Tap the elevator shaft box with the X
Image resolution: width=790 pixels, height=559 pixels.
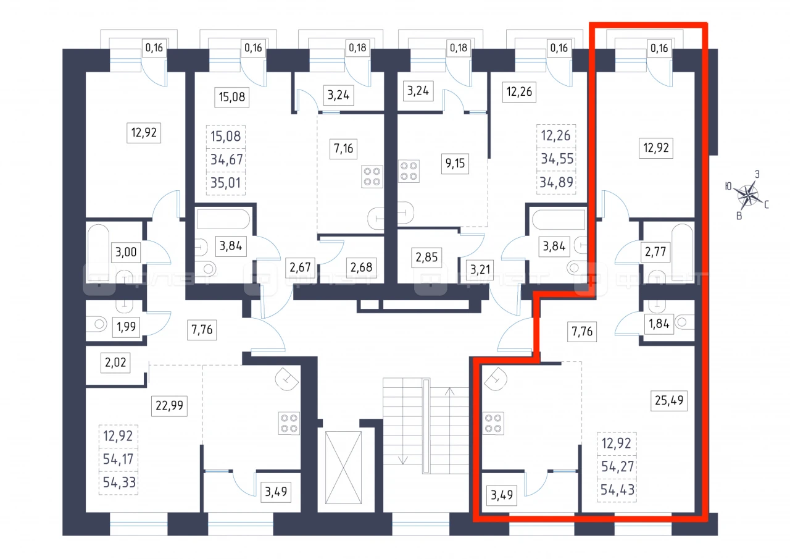coord(343,467)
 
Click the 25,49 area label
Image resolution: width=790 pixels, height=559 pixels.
coord(668,400)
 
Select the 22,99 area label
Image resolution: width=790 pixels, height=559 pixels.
coord(169,405)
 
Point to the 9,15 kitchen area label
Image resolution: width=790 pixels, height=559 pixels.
coord(455,164)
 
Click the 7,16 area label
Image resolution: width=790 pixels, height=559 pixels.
coord(343,149)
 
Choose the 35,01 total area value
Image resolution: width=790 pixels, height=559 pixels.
coord(225,183)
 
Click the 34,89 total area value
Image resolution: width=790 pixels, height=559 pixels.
coord(556,182)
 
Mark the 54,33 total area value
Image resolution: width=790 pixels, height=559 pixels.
coord(119,482)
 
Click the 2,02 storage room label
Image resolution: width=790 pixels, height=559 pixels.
coord(115,363)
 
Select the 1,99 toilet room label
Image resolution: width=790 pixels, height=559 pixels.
coord(126,327)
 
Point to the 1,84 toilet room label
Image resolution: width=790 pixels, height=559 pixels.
coord(659,324)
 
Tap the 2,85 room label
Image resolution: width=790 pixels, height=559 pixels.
coord(426,258)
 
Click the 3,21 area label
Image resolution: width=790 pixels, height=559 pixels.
coord(480,270)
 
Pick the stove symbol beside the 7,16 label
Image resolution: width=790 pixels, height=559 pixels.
coord(372,177)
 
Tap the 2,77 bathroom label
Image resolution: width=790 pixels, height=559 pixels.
coord(655,252)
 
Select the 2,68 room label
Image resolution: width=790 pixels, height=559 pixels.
coord(361,267)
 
